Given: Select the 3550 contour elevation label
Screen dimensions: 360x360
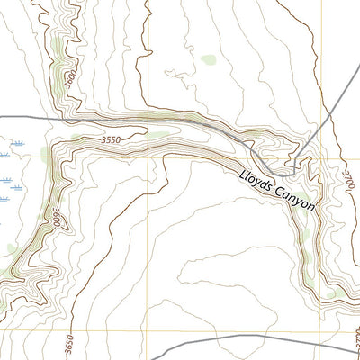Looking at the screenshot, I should (x=111, y=140).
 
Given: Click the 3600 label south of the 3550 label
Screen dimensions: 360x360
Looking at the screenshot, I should (x=55, y=219).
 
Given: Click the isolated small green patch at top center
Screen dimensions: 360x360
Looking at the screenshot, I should (x=208, y=60).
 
